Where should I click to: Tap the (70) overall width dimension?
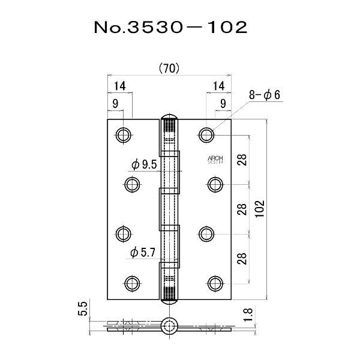[169, 68]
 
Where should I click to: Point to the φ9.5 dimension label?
[143, 164]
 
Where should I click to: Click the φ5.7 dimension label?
[143, 253]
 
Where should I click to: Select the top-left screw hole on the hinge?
[124, 134]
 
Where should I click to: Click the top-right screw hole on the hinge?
[207, 134]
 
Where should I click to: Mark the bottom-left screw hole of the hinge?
[133, 281]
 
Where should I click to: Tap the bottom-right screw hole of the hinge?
[216, 281]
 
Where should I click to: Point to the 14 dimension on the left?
[119, 85]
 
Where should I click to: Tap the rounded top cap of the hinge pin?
[170, 116]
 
